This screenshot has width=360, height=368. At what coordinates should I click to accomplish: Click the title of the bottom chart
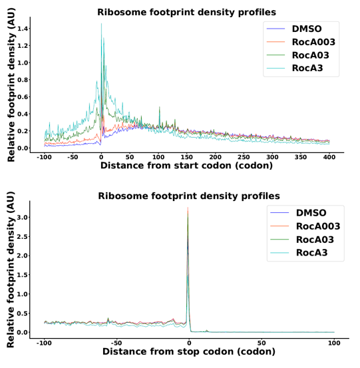coord(188,196)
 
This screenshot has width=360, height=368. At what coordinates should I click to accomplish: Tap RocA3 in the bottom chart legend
coord(309,253)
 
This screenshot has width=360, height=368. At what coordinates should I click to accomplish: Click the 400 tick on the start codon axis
coord(328,157)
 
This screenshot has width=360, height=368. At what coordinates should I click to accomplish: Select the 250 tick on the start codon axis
coord(243,157)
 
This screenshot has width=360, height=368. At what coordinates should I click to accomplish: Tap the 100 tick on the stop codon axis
coord(334,342)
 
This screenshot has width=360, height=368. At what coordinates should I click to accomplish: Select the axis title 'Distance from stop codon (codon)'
coord(187,351)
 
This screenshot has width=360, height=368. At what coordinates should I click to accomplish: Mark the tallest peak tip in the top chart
coord(101,23)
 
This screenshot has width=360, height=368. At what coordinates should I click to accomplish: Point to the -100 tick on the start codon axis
coord(45,157)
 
